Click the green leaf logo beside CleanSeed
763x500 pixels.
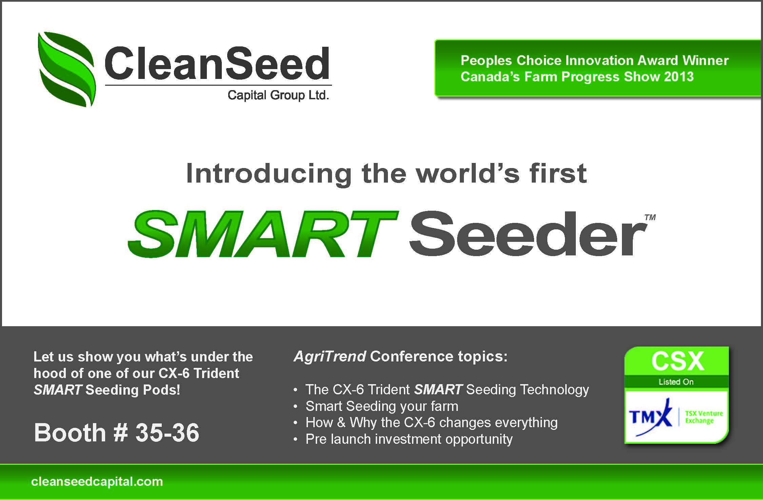66,69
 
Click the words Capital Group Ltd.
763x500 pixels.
278,95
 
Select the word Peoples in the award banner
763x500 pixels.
486,60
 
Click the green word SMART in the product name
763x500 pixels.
263,234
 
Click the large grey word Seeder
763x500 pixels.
528,233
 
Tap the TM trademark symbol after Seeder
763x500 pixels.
650,217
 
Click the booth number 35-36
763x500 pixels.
167,433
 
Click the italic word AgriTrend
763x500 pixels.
330,356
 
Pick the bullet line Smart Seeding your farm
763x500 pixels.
381,406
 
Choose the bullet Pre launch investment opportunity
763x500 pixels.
409,439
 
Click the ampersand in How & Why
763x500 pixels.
341,423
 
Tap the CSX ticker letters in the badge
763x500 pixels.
677,361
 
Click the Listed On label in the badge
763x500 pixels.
676,382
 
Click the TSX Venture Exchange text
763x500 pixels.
704,417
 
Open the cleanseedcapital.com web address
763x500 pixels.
97,482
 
